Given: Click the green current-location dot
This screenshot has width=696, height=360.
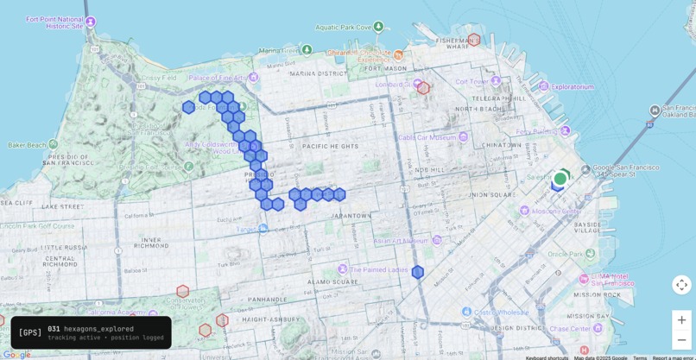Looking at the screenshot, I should click(x=560, y=179).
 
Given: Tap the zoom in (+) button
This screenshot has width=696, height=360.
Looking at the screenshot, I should click(x=681, y=319).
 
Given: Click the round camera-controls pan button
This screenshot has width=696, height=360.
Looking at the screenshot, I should click(x=681, y=285).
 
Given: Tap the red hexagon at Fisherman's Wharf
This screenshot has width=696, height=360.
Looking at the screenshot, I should click(x=474, y=40).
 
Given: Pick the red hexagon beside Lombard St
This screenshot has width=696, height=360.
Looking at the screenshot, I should click(x=423, y=87).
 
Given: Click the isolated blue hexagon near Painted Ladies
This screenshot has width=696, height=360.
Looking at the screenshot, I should click(x=418, y=272).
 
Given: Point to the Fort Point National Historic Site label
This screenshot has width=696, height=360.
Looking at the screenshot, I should click(x=55, y=22).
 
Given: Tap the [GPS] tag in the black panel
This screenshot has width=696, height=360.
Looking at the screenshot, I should click(x=30, y=332).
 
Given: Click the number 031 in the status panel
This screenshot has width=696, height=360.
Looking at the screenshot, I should click(x=54, y=328).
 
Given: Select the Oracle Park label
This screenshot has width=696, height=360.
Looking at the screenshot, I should click(x=566, y=254).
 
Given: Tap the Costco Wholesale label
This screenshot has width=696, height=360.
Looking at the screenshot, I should click(x=501, y=312).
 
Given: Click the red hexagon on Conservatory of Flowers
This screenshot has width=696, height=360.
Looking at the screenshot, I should click(x=183, y=292).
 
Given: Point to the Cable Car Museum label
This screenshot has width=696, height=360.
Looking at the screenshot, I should click(x=427, y=137).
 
